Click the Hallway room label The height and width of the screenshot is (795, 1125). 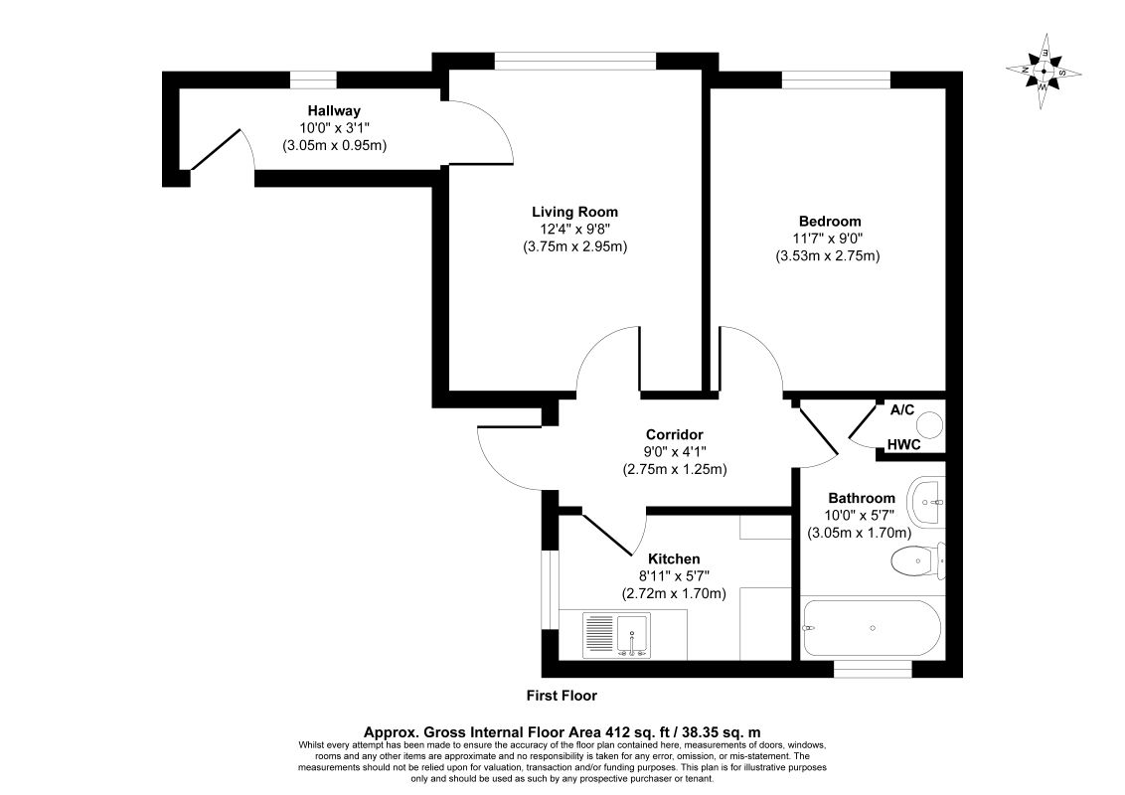coord(334,110)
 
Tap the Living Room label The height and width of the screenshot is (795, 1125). coord(574,212)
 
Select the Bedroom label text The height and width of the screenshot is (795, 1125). coord(830,221)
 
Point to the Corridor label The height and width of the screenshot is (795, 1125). coord(675,434)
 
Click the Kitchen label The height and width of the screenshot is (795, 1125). coord(674,558)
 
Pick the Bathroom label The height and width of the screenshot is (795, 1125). coord(862,498)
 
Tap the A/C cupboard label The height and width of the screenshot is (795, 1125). coord(902,409)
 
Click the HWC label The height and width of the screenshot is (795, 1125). coord(904,445)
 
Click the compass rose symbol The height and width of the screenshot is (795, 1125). coord(1044,71)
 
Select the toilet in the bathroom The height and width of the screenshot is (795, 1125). coord(917,561)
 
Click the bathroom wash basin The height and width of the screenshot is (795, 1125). coord(926,502)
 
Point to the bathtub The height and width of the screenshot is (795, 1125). coord(871,628)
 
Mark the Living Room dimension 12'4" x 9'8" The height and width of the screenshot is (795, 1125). coord(574,230)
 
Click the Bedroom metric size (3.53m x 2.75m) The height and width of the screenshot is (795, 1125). coord(828,255)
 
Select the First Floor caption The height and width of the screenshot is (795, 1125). coord(562,696)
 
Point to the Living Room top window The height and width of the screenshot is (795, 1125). coord(575,62)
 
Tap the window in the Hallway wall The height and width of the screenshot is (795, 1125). coord(313,79)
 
